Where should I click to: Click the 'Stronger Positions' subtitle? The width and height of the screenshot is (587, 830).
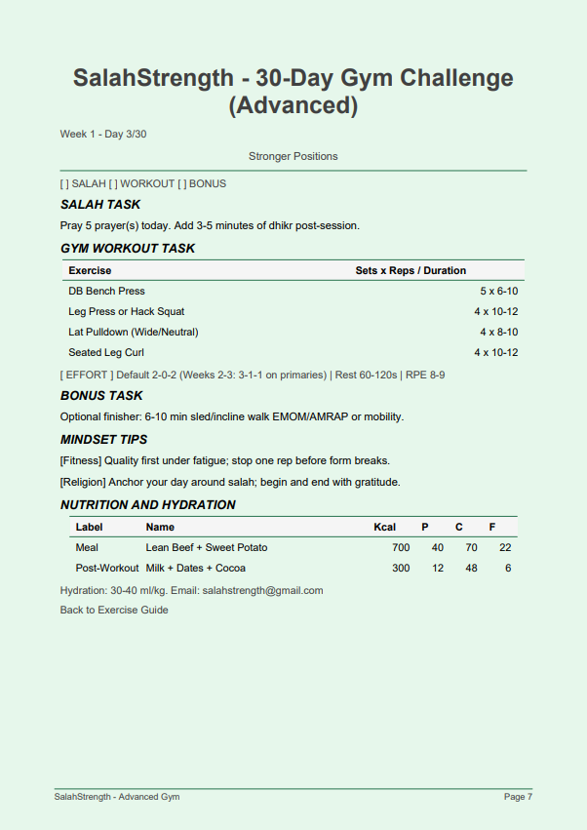coord(293,156)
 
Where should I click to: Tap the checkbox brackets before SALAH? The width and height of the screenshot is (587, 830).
coord(64,183)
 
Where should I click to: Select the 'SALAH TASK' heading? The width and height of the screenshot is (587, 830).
coord(100,205)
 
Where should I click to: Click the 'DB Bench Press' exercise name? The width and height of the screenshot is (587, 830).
coord(106,291)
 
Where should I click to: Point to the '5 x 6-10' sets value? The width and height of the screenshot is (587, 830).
coord(498,291)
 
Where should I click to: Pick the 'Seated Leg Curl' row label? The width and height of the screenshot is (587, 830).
coord(106,352)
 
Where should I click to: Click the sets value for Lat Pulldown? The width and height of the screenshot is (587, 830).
coord(498,332)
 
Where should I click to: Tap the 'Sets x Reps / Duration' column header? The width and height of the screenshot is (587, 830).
coord(411,270)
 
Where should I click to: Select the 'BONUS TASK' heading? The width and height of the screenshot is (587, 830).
coord(101,396)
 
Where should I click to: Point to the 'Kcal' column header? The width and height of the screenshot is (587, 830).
coord(384,527)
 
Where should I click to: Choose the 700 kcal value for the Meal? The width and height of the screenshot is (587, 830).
coord(401,547)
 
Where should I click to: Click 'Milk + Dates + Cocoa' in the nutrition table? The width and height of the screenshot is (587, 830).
coord(195,568)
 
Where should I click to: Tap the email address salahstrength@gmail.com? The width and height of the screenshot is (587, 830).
coord(262,590)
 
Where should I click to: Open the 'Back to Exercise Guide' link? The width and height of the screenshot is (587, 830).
coord(114,610)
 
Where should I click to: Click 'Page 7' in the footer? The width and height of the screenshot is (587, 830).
coord(518,797)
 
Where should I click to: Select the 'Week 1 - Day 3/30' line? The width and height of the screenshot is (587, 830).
coord(103,134)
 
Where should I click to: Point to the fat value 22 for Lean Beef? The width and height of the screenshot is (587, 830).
coord(505,547)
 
